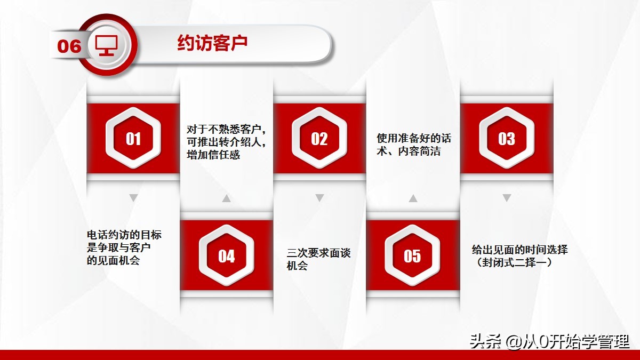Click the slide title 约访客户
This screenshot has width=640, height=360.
212,44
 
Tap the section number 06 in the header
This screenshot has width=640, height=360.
69,46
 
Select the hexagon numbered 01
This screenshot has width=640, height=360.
133,139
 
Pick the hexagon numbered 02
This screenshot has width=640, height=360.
319,139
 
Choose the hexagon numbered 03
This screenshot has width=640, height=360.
506,139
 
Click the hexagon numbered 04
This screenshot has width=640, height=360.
226,256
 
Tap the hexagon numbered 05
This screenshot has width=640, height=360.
412,256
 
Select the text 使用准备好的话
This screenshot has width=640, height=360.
414,139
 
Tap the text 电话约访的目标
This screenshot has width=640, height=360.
124,235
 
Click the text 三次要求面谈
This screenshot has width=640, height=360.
319,253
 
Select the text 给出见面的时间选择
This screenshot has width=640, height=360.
520,249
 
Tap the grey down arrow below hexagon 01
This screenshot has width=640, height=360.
134,198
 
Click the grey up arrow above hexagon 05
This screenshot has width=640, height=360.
412,198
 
